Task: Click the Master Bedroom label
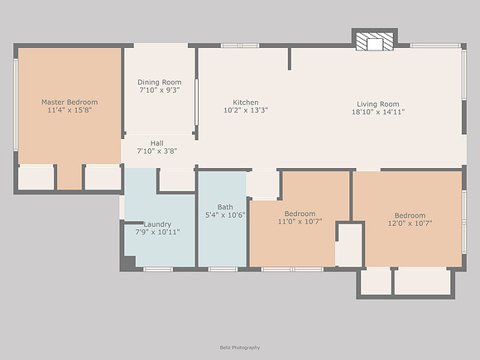70,102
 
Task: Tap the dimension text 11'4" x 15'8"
70,110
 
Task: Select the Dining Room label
160,83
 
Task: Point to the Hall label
156,143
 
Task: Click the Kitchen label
246,103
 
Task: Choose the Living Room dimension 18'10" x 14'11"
378,112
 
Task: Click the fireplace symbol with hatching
375,41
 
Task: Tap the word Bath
225,207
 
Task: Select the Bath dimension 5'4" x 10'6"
225,215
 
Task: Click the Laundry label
157,224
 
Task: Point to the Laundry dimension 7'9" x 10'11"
157,233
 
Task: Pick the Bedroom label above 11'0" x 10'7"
300,214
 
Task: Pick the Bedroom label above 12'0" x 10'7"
410,215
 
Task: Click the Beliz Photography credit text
240,348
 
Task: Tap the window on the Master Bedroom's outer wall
16,105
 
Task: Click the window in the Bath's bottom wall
223,270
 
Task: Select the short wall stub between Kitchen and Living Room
290,59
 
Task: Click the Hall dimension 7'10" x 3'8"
157,151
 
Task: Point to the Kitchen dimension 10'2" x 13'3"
246,110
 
